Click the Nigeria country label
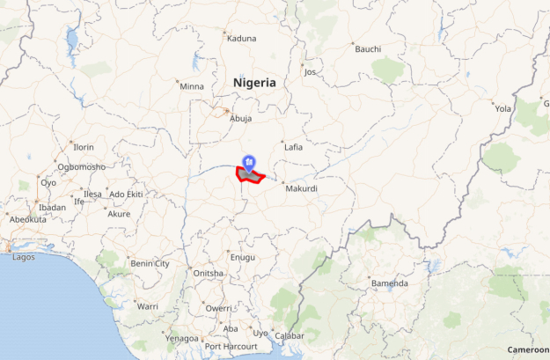click(254, 83)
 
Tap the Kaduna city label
click(241, 39)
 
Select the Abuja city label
click(240, 118)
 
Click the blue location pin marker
click(249, 162)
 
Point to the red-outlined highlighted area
click(251, 176)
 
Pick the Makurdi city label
click(300, 188)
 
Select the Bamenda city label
click(389, 283)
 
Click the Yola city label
click(502, 109)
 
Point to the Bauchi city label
click(368, 48)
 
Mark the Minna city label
click(191, 86)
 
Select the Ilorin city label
click(83, 147)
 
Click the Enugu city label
click(242, 257)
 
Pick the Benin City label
click(150, 263)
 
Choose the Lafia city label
click(293, 147)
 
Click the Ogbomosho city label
click(81, 166)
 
